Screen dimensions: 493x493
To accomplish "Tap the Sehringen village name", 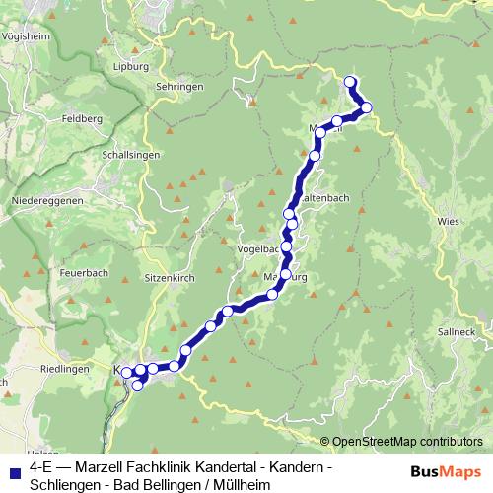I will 178,87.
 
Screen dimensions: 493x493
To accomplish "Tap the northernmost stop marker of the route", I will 350,82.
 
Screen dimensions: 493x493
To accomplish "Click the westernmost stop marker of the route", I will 126,372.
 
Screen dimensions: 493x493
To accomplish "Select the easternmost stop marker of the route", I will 366,107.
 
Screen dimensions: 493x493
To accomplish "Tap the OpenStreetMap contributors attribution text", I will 407,441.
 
